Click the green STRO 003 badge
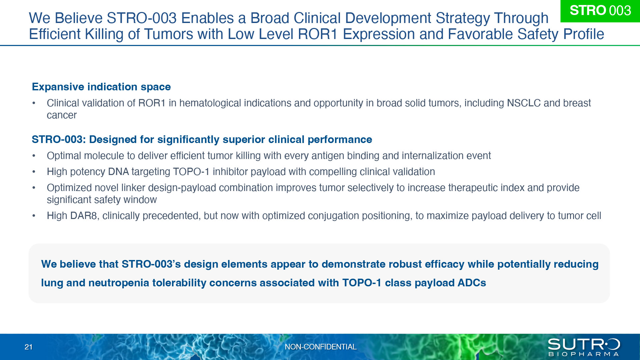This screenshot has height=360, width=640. coord(600,11)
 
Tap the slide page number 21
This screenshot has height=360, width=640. coord(29,347)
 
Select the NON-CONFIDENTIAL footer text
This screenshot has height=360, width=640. coord(321,347)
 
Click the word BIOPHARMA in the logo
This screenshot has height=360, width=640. coord(584,354)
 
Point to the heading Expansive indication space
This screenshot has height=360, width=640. coord(101,87)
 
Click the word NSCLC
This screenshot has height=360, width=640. coord(524,103)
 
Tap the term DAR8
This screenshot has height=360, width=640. coord(84,216)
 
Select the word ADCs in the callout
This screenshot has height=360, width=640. coord(472,283)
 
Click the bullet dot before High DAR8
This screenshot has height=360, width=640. coord(34,216)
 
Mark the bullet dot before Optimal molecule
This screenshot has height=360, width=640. coord(34,156)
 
